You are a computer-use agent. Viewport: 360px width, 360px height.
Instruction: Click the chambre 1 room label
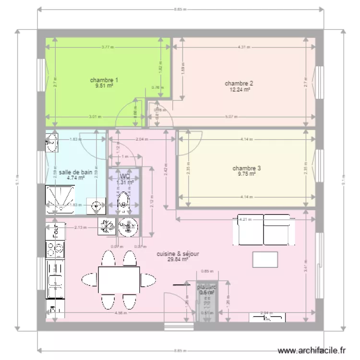(x=104, y=80)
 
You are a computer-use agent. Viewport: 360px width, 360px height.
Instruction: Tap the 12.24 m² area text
(x=239, y=89)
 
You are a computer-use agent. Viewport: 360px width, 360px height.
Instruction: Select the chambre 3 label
(x=246, y=168)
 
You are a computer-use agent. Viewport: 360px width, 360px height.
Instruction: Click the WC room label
(x=124, y=176)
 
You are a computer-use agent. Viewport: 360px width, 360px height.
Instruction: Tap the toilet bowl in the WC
(x=124, y=202)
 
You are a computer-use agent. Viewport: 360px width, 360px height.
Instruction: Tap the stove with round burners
(x=55, y=249)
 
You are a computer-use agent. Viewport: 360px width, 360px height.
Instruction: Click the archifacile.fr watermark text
(x=311, y=351)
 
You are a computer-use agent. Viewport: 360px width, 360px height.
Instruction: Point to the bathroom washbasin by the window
(x=52, y=142)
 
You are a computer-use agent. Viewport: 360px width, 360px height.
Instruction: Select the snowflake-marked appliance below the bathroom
(x=107, y=226)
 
